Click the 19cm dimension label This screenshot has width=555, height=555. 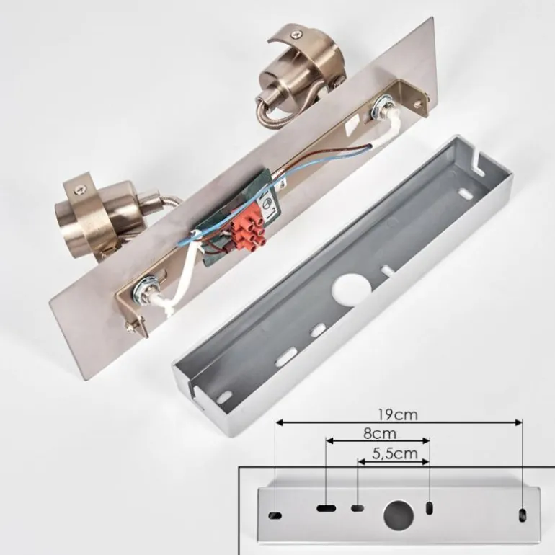tap(398, 414)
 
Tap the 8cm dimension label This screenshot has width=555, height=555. tap(380, 433)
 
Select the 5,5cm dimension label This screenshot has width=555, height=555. tap(395, 453)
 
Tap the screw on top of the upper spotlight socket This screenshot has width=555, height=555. tap(297, 35)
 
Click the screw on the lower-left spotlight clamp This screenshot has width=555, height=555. tap(79, 192)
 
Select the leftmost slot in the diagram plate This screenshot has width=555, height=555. tap(275, 515)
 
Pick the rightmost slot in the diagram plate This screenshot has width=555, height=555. tap(522, 515)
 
